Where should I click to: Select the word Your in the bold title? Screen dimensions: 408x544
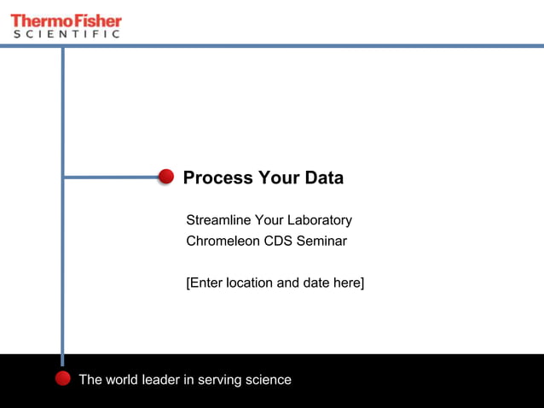(275, 178)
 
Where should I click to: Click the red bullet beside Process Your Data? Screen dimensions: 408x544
(166, 177)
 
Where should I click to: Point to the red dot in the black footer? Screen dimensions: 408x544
(62, 378)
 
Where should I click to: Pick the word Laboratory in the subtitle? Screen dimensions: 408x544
(320, 220)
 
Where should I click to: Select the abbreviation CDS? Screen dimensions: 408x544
(278, 241)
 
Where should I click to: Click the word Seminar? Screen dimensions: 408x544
(321, 241)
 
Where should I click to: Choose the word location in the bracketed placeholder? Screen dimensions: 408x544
(250, 283)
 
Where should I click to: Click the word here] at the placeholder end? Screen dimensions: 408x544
(350, 283)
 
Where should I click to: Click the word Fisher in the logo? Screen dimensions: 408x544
(95, 20)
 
